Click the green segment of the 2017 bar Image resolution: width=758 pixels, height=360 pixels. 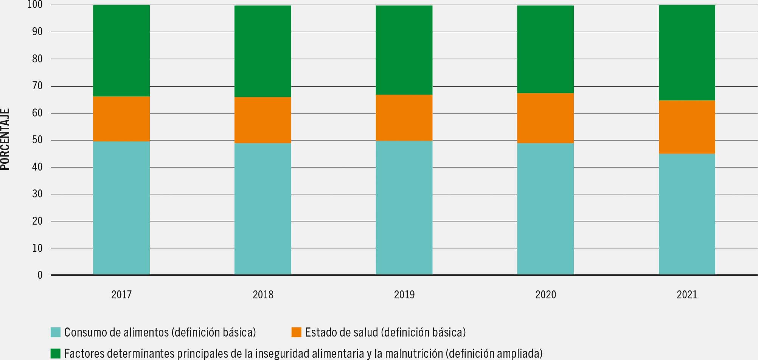[x=121, y=51]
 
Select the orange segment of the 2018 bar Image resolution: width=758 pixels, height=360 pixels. [x=263, y=120]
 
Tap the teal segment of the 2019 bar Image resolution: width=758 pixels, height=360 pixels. [x=404, y=208]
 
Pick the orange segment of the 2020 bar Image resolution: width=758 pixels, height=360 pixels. [x=545, y=118]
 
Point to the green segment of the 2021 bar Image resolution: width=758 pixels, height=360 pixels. [x=687, y=53]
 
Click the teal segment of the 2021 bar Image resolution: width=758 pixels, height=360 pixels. [x=687, y=214]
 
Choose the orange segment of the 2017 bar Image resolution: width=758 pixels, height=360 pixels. [x=121, y=119]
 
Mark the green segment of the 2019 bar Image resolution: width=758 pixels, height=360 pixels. [x=404, y=50]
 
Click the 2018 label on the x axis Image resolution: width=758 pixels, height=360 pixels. [x=263, y=295]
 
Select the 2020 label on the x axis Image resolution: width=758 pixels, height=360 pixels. [x=545, y=295]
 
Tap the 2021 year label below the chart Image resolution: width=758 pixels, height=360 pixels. [x=687, y=295]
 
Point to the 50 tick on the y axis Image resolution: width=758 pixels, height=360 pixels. [x=37, y=140]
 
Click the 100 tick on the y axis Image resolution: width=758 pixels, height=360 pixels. [x=35, y=5]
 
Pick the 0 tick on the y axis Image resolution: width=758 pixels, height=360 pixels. [x=40, y=275]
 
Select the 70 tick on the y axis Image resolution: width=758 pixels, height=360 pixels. [x=37, y=86]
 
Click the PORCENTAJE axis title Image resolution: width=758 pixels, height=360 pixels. [x=5, y=140]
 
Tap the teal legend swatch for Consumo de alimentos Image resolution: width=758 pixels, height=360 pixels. [x=56, y=332]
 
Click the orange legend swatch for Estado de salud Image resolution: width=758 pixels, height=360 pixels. [x=297, y=332]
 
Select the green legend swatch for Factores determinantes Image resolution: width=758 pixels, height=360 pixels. [x=56, y=354]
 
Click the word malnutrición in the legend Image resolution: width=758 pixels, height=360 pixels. [x=414, y=354]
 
